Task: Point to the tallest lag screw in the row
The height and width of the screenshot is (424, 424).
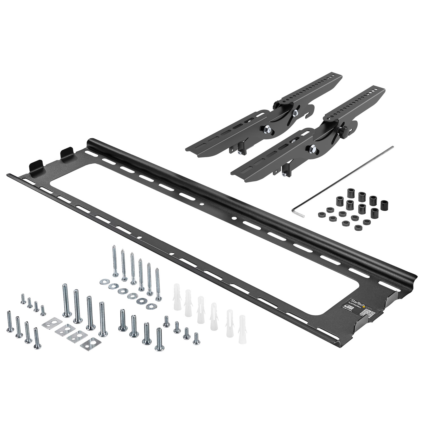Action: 115,262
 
